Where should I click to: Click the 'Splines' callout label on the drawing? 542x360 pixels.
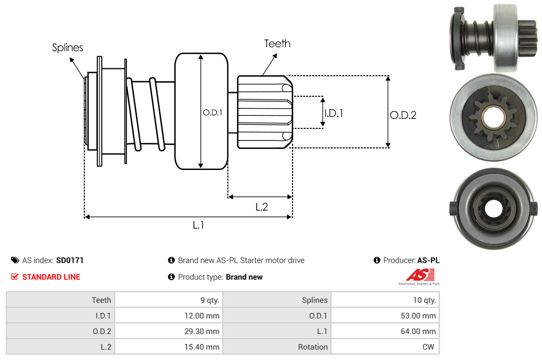click(67, 48)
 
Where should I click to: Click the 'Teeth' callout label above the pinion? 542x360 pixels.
click(277, 44)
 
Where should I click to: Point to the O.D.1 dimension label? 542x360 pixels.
click(212, 113)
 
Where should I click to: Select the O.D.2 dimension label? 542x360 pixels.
click(403, 115)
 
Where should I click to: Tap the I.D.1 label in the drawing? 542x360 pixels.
click(334, 113)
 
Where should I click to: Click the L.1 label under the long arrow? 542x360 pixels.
click(198, 225)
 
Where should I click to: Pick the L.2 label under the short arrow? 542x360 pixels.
click(261, 207)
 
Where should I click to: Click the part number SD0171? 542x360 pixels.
click(70, 260)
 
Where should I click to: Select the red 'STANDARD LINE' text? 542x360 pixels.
click(51, 277)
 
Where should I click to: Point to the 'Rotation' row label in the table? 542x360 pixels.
click(313, 347)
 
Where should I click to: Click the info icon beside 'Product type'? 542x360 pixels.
click(171, 277)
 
